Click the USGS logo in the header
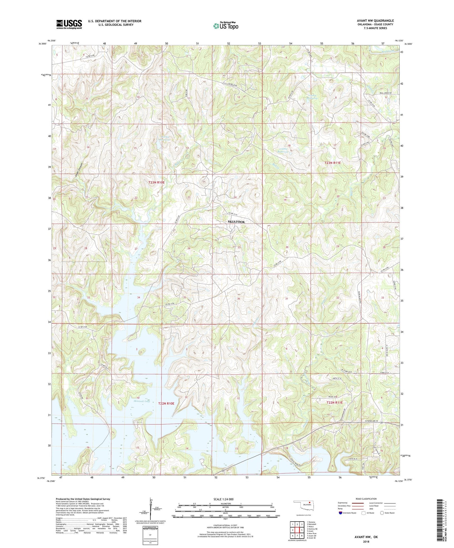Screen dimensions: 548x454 pyautogui.click(x=69, y=24)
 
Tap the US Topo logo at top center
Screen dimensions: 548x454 pyautogui.click(x=226, y=26)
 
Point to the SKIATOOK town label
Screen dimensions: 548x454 pyautogui.click(x=236, y=222)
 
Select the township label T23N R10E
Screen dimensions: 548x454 pyautogui.click(x=156, y=182)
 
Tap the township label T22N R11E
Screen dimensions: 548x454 pyautogui.click(x=335, y=402)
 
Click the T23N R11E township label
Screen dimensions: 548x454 pyautogui.click(x=332, y=163)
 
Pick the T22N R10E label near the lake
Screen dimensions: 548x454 pyautogui.click(x=166, y=403)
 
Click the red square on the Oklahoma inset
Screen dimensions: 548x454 pyautogui.click(x=309, y=505)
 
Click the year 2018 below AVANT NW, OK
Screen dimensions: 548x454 pyautogui.click(x=366, y=542)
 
